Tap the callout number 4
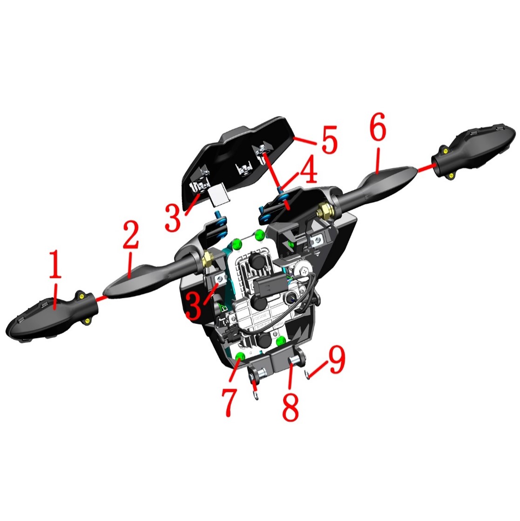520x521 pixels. (x=308, y=170)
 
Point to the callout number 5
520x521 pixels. (x=329, y=139)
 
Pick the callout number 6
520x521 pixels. (x=378, y=127)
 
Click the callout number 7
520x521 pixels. (x=230, y=402)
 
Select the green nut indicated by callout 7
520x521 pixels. (x=240, y=357)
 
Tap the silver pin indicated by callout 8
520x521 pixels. (x=294, y=361)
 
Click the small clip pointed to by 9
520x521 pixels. (x=307, y=376)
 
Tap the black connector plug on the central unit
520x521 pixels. (x=269, y=284)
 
